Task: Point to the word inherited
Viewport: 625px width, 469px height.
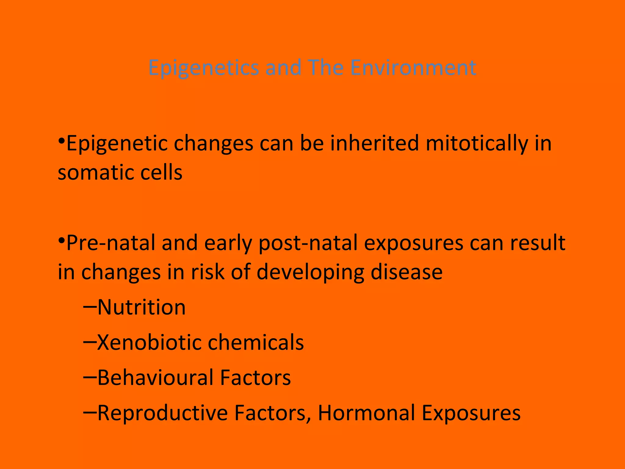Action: (374, 143)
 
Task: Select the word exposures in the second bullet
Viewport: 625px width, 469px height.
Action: (414, 243)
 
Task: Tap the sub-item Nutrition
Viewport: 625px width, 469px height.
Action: (142, 307)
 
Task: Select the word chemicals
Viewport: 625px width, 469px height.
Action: (256, 342)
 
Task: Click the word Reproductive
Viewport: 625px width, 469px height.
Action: (162, 413)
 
